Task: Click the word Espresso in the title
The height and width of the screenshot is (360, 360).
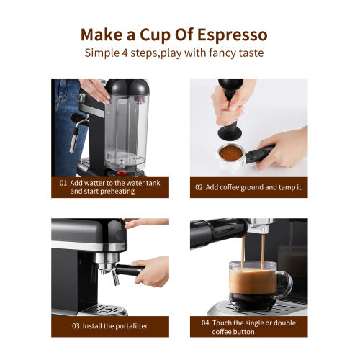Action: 232,35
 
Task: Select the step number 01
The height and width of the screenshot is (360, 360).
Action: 63,183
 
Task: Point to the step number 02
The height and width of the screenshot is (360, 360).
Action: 200,187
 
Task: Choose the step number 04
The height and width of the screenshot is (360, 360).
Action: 205,323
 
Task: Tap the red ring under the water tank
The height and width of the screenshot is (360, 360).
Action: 121,171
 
